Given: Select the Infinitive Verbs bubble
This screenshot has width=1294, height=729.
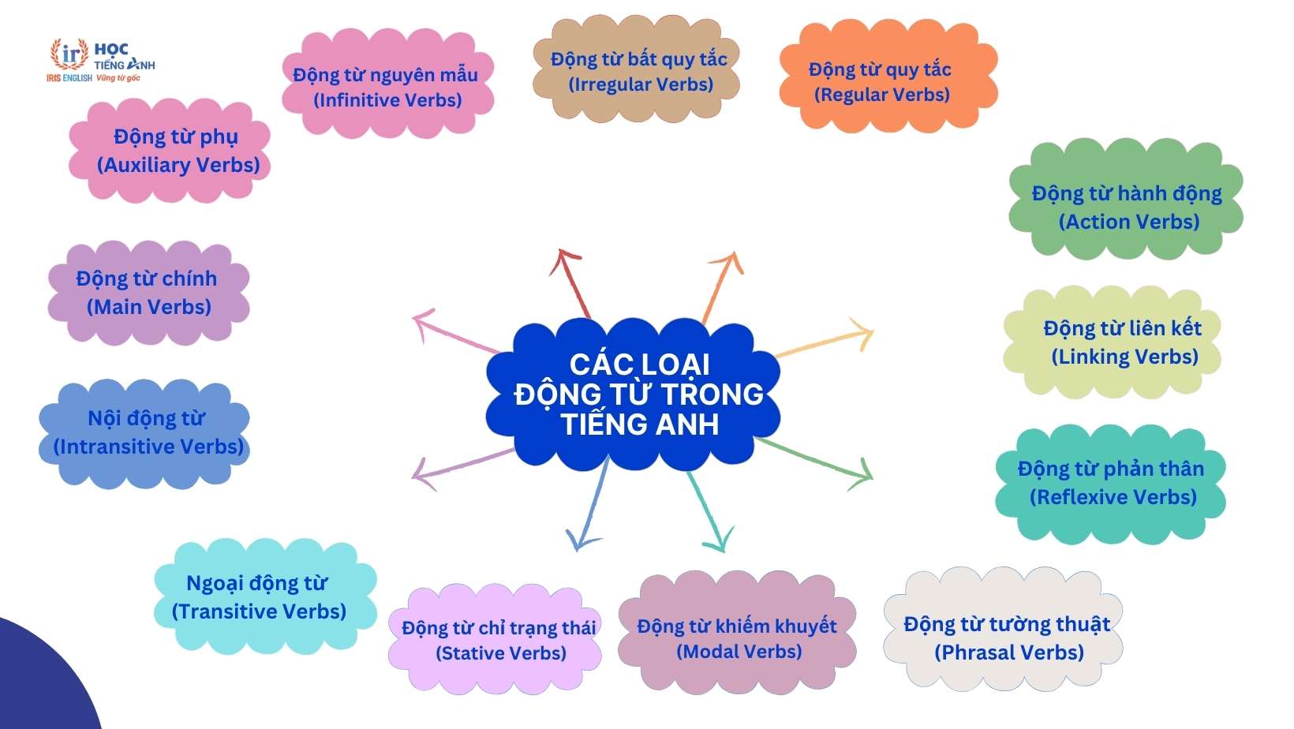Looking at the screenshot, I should (387, 86).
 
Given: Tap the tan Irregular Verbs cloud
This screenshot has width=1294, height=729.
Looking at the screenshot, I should (638, 71).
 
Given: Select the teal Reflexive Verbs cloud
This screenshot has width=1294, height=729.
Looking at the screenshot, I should (1109, 483).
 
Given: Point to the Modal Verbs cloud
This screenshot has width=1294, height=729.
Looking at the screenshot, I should (737, 637).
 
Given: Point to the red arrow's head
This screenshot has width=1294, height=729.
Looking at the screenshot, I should (564, 256).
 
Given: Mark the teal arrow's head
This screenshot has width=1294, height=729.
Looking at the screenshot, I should (717, 544).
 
